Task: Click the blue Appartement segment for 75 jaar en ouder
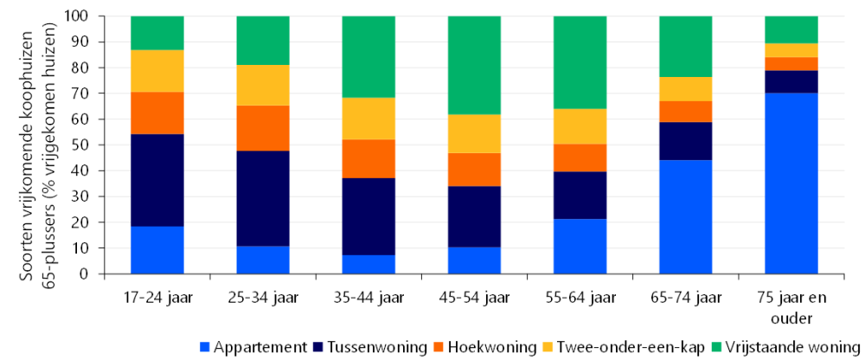click(x=791, y=183)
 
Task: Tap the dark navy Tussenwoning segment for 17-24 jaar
click(x=157, y=180)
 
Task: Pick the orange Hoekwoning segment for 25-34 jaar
click(x=263, y=128)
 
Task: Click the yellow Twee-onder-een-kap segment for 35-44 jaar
click(x=368, y=118)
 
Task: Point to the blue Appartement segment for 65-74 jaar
click(x=685, y=217)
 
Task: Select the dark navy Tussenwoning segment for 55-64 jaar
click(x=580, y=196)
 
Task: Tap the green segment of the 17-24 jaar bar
click(x=157, y=33)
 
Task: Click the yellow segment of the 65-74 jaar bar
click(x=685, y=89)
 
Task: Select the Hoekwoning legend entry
click(x=490, y=347)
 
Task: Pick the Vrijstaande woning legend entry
click(x=782, y=347)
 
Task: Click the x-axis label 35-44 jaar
click(x=368, y=299)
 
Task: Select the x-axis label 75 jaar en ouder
click(x=791, y=306)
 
